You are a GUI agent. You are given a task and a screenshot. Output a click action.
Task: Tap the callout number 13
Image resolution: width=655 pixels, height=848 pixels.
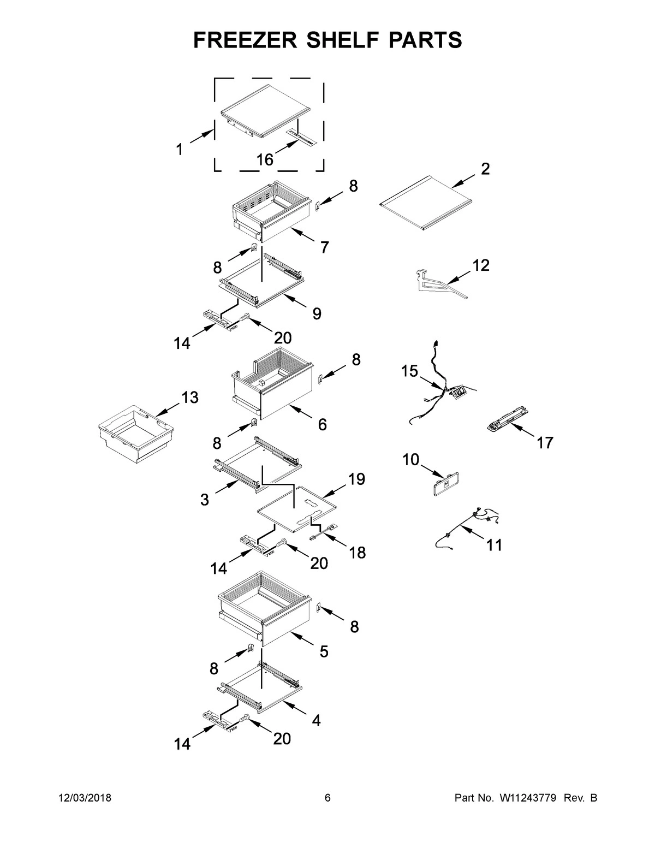click(189, 398)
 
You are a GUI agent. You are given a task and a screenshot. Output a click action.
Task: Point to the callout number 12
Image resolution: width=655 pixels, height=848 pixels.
click(480, 265)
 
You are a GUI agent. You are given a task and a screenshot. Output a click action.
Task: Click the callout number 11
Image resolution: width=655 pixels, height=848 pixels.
click(493, 545)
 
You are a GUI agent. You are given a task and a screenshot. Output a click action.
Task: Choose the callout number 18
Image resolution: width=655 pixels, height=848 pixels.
click(357, 553)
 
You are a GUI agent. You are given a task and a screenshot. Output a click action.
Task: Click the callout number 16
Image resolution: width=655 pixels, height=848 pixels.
click(265, 160)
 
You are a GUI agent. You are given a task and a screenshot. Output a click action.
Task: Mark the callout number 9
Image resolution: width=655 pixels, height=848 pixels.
click(317, 314)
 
